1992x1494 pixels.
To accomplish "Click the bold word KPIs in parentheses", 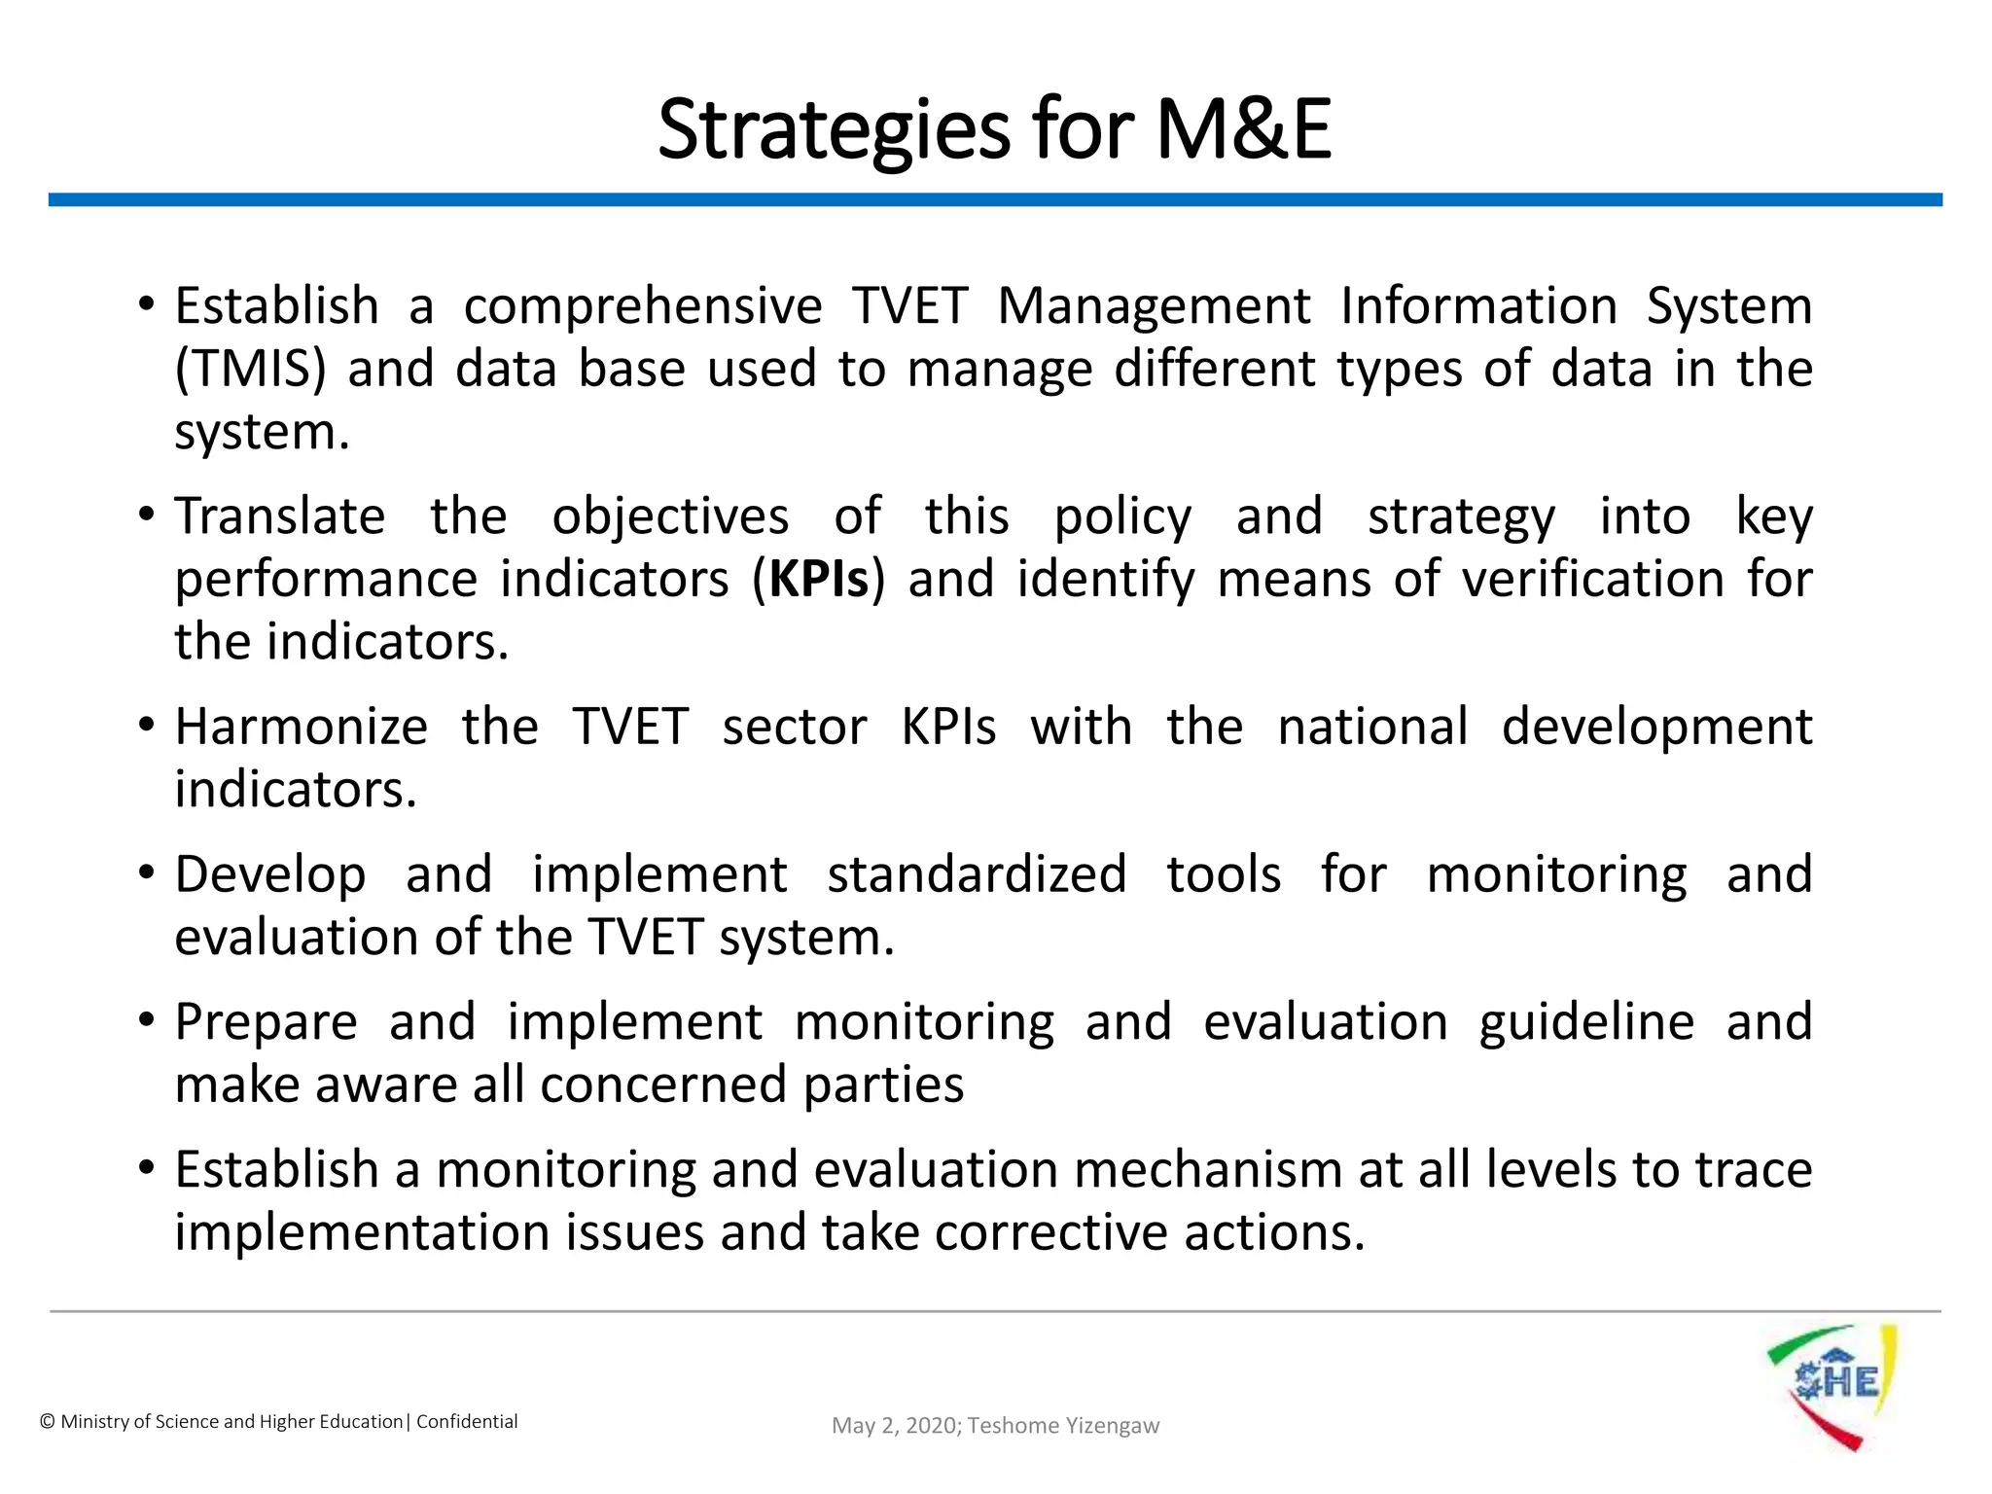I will [x=818, y=580].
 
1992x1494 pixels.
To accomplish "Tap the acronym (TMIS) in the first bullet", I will [x=250, y=370].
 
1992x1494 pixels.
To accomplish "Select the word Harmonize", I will [x=301, y=727].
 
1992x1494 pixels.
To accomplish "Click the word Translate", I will [x=279, y=516].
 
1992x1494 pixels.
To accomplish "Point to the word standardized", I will [x=976, y=874].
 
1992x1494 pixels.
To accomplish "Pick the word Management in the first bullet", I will [x=1154, y=306].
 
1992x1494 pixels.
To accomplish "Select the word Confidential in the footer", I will [x=467, y=1422].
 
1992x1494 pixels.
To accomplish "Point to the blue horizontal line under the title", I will [x=994, y=199].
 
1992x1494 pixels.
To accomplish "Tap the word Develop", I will [x=269, y=874].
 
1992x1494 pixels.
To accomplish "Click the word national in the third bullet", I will [x=1371, y=727].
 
